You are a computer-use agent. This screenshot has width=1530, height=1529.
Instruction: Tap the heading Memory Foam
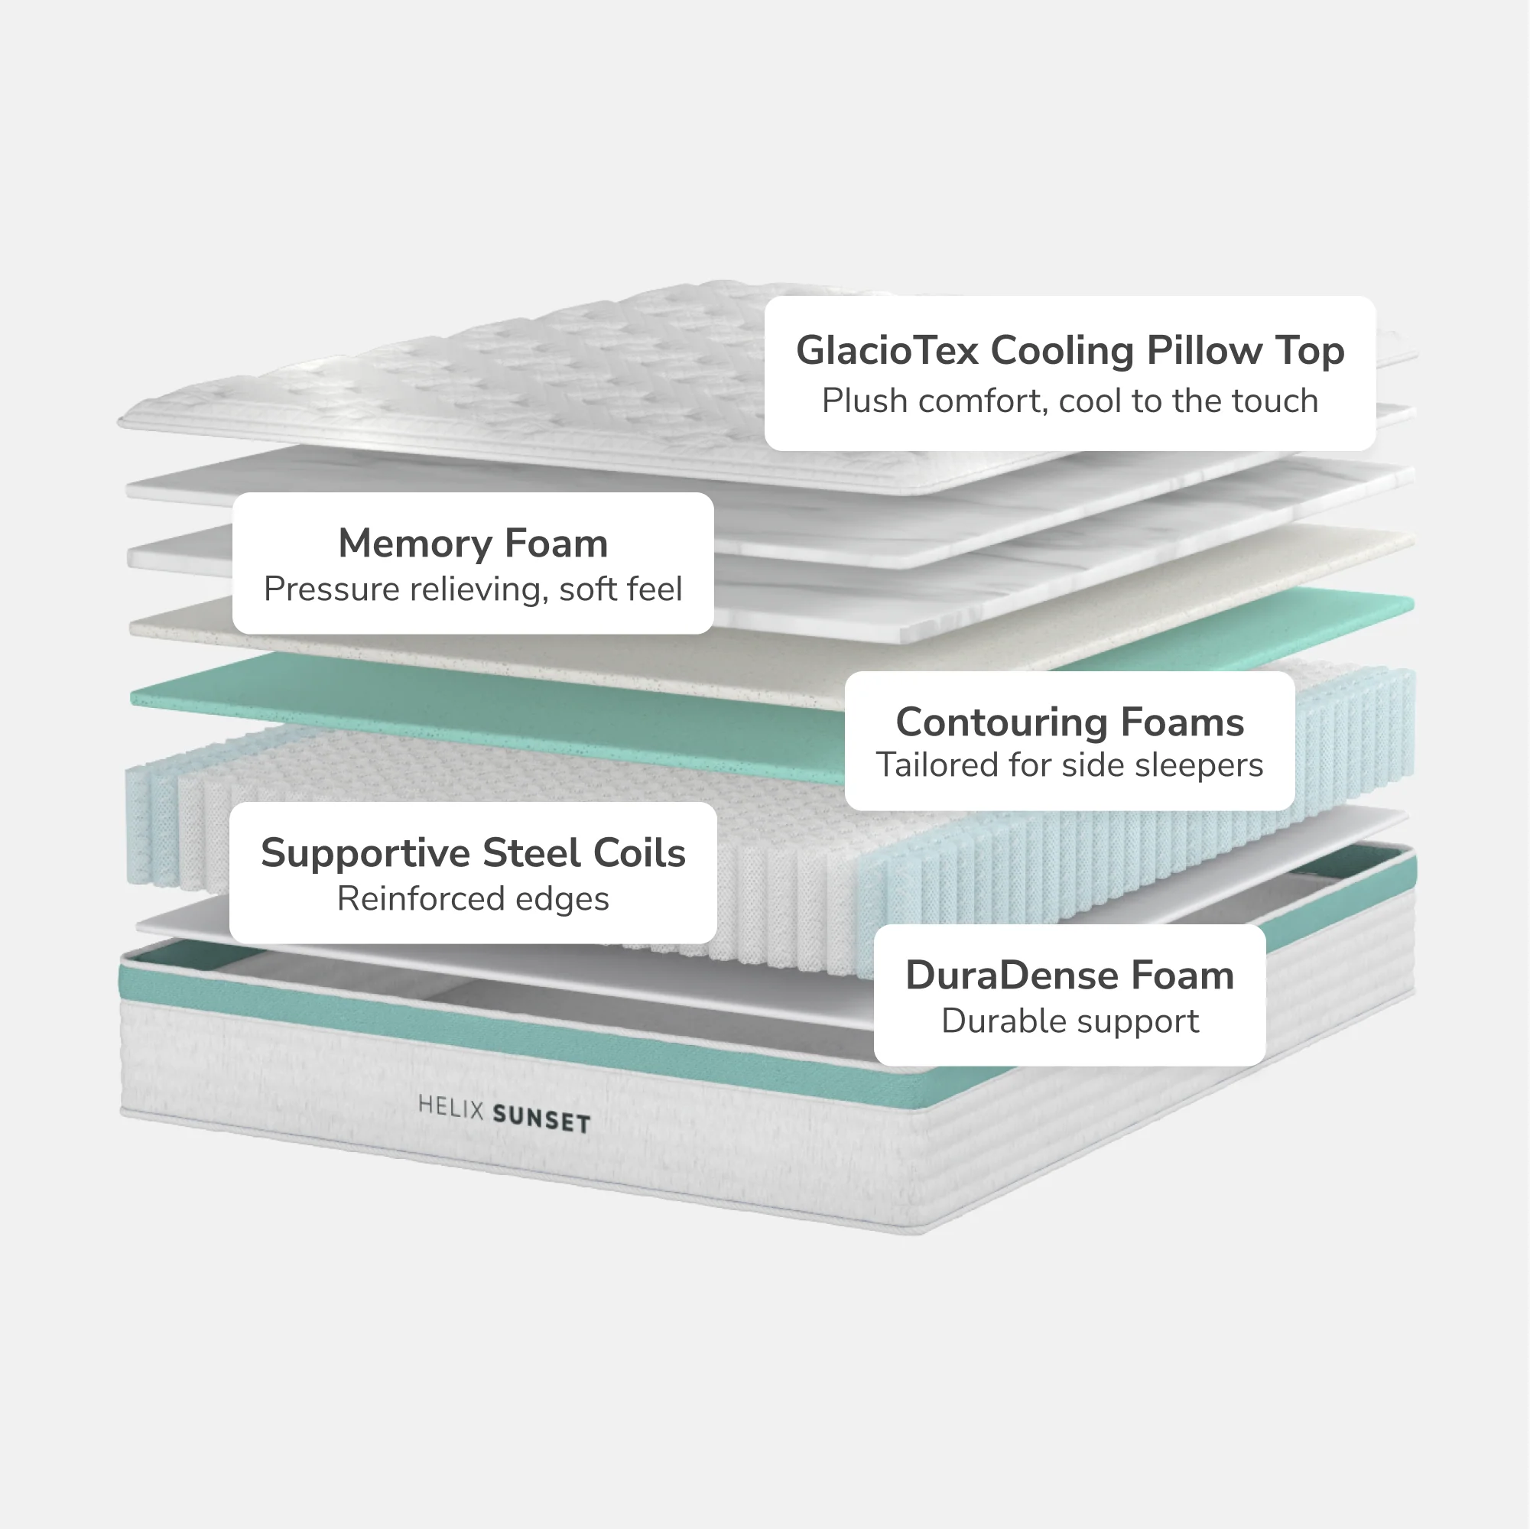coord(473,544)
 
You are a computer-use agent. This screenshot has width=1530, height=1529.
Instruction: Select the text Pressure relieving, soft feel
coord(473,589)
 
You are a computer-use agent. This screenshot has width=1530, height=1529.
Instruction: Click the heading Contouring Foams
coord(1070,722)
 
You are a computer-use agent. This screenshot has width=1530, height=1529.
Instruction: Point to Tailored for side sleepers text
coord(1070,765)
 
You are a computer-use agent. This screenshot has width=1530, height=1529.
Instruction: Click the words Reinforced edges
coord(473,899)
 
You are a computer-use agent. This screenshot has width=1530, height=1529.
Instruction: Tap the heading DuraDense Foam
coord(1070,975)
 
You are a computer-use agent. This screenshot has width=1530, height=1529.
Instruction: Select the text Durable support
coord(1070,1021)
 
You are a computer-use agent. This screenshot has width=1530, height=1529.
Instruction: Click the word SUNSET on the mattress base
coord(541,1121)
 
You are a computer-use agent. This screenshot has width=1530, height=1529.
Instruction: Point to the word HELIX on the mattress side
coord(450,1106)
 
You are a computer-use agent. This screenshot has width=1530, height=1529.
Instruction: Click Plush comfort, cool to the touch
coord(1070,401)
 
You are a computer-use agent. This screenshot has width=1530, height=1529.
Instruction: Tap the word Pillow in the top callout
coord(1204,350)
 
